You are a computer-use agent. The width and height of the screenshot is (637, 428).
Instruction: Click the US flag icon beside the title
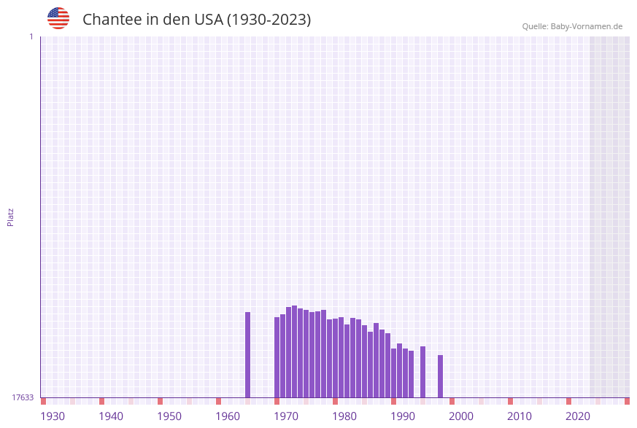58,18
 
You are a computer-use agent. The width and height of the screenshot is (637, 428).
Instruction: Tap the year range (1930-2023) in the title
269,20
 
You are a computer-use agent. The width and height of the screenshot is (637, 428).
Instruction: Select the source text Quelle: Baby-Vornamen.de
572,26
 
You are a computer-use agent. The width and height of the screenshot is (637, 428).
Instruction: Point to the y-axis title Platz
11,217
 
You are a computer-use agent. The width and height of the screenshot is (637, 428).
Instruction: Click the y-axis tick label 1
31,36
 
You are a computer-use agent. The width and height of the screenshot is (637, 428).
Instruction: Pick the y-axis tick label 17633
23,397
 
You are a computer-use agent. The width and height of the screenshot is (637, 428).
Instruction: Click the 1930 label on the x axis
53,416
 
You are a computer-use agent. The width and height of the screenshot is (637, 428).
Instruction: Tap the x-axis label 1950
169,416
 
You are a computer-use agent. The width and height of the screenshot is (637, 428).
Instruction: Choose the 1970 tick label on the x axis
286,416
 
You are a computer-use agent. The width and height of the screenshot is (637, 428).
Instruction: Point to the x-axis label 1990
403,416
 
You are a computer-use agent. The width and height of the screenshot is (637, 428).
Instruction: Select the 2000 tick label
461,416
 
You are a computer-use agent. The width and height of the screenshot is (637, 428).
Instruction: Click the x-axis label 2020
578,416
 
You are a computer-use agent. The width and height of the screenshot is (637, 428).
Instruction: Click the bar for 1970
277,357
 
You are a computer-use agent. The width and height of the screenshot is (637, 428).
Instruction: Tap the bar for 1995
422,372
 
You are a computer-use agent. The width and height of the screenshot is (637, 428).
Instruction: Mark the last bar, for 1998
440,376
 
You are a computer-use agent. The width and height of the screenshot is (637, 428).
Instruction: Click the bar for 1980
335,358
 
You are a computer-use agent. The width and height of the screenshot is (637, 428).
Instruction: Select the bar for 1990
393,373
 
